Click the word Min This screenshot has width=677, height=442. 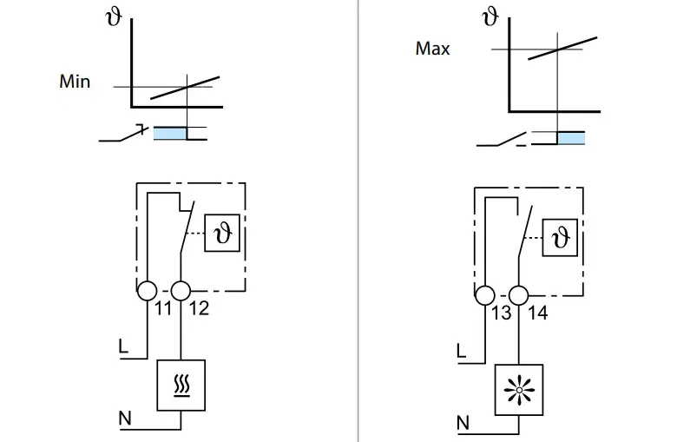coord(75,82)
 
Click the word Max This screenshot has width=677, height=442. coord(432,49)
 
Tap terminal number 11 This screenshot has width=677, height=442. coord(163,308)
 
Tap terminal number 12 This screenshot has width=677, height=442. coord(199,308)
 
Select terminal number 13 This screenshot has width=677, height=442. coord(502,313)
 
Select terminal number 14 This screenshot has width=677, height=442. coord(538,313)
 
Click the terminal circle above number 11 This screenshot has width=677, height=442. coord(148,291)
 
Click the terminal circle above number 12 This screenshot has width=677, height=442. coord(181,291)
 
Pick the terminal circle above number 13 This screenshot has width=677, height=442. coord(485,295)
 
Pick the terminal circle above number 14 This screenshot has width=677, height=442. coord(518,295)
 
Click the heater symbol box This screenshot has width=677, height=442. coord(181,385)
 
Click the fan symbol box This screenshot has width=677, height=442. coord(519,390)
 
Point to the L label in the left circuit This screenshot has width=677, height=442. coord(123,346)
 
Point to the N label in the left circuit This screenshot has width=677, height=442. coord(125,419)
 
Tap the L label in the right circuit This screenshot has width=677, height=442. coord(461,351)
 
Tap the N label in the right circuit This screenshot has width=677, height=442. coord(463,423)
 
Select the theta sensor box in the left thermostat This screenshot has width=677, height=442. coord(222,233)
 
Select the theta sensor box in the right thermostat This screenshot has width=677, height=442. coord(560,238)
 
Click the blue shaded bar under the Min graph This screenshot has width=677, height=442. coord(170,133)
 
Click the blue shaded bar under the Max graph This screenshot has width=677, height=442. coord(571,138)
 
